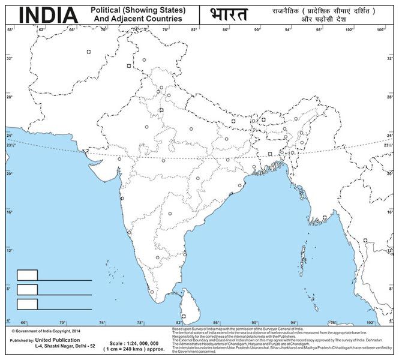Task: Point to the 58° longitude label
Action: [10, 29]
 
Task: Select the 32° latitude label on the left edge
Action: [10, 59]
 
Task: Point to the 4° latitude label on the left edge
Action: [8, 319]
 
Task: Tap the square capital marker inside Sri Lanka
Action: [184, 314]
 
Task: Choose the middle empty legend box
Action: [27, 289]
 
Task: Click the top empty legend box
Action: [27, 275]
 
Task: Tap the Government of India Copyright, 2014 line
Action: [45, 331]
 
